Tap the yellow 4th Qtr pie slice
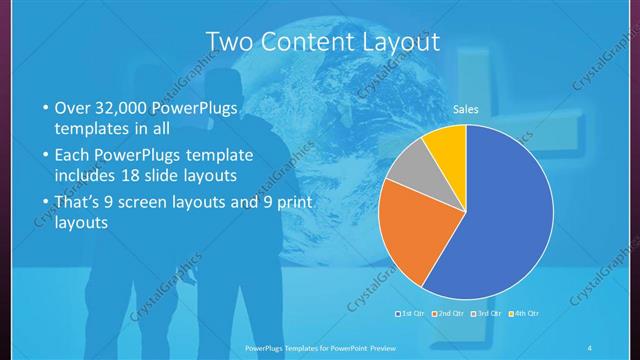coord(445,148)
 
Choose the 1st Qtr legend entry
coord(410,314)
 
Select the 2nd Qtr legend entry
coord(446,314)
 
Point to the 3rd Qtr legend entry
coord(483,314)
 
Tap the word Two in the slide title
coord(229,41)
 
